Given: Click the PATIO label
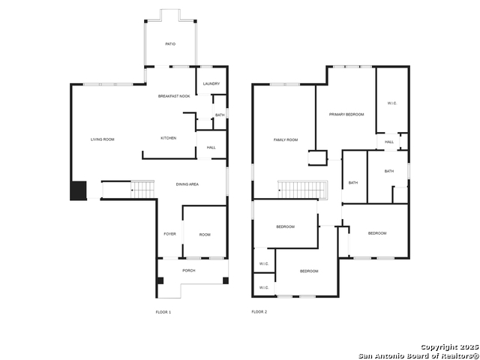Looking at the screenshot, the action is coord(170,44).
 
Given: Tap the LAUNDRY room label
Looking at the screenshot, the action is coord(211,83).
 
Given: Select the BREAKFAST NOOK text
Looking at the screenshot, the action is coord(174,96).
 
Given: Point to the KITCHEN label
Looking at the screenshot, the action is coord(168,138).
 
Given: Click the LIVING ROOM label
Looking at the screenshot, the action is coord(103,139).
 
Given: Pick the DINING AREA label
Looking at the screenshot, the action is coord(187,184).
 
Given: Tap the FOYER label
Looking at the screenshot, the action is coord(169,234).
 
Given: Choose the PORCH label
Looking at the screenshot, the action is coord(188,271).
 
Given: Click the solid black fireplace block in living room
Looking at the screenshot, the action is coord(78,190).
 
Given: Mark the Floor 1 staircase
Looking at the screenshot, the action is coord(142,190).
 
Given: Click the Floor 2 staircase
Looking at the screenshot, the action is coord(302,190).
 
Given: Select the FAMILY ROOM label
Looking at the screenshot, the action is coord(286,140).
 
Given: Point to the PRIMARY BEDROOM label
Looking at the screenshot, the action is coord(346,115).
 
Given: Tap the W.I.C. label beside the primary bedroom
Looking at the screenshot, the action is coord(392,103).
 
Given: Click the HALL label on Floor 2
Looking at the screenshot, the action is coord(389,142).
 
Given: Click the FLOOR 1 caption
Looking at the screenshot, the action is coord(163,312).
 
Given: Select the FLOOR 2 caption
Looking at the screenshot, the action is coord(259,312).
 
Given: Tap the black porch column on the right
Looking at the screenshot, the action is coord(226,280).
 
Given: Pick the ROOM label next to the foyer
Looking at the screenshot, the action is coord(205,235).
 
